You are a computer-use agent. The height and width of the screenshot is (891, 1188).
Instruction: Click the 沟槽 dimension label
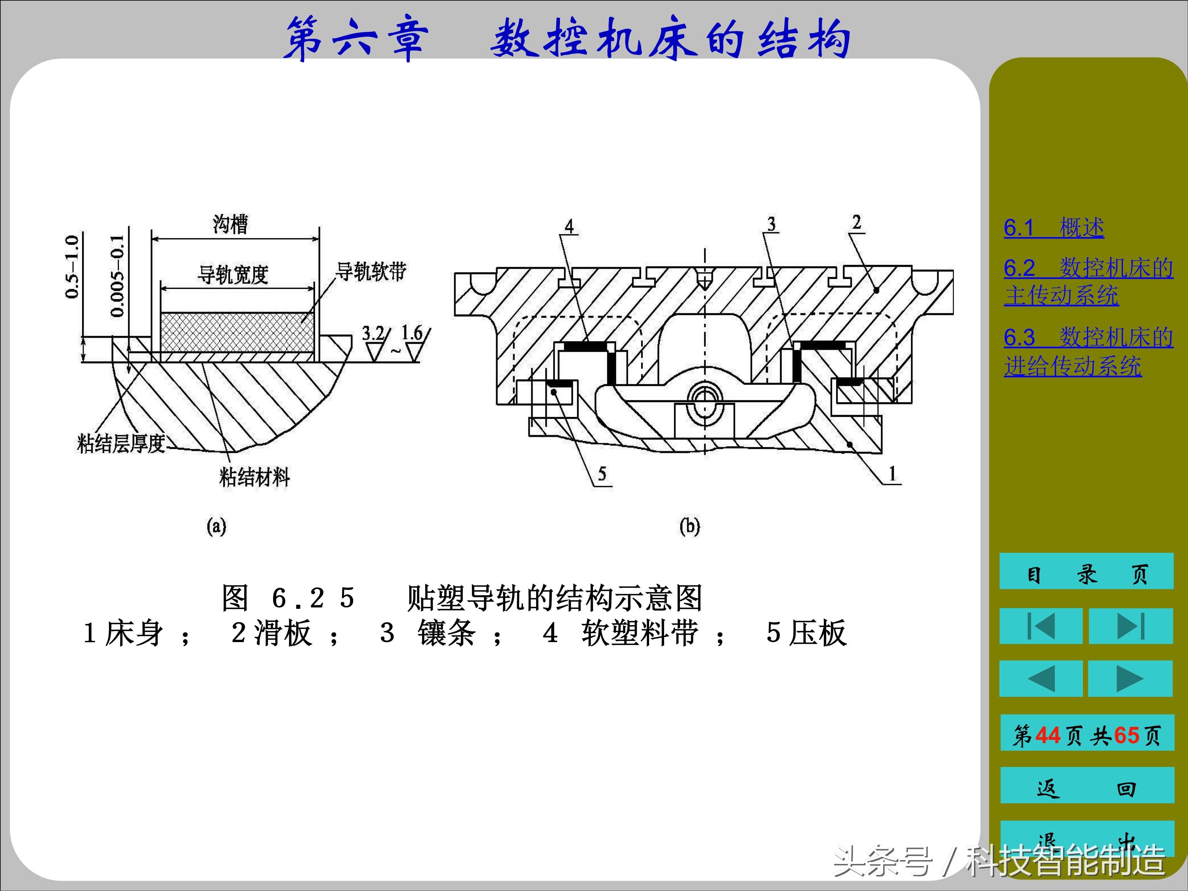coord(230,224)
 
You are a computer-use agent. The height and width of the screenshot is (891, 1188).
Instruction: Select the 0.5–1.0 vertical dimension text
coord(72,267)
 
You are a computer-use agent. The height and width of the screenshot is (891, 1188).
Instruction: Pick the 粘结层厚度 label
coord(121,444)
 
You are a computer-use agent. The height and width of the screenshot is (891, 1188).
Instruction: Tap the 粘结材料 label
coord(254,476)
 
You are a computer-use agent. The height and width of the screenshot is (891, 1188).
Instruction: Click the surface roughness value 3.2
coord(373,333)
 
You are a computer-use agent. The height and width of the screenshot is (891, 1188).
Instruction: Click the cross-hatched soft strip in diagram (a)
coord(237,332)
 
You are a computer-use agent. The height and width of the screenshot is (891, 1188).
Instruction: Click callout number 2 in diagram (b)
coord(857,222)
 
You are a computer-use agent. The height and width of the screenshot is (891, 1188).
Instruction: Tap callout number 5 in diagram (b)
coord(602,473)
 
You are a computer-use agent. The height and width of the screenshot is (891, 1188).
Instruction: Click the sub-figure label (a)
coord(216,526)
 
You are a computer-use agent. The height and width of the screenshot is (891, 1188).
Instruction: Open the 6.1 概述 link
coord(1054,228)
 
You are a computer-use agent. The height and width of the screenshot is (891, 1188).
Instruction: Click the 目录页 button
coord(1086,574)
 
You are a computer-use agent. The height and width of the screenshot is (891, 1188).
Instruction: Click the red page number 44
coord(1047,735)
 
